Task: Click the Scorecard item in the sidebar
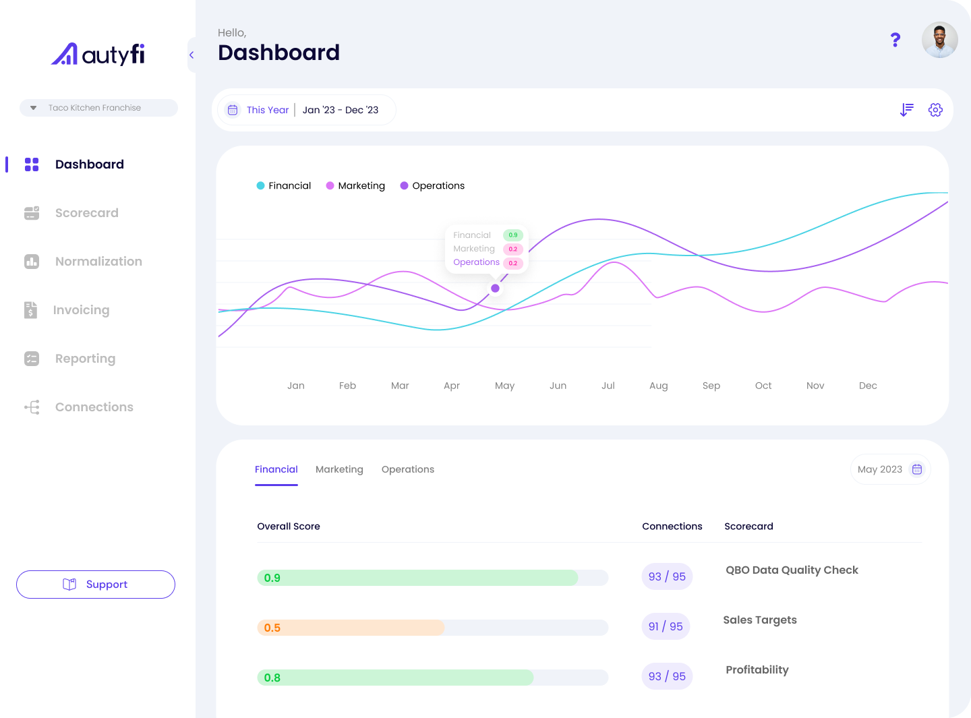tap(86, 213)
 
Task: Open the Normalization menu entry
tap(98, 262)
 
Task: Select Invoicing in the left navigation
tap(80, 310)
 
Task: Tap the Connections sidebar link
tap(94, 407)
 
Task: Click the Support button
tap(96, 585)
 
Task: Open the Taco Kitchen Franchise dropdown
tap(98, 108)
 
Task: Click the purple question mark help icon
tap(895, 40)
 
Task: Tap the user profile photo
tap(939, 40)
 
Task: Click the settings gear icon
tap(935, 110)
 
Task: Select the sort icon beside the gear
tap(907, 110)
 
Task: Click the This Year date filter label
tap(267, 110)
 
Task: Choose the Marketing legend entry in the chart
tap(355, 186)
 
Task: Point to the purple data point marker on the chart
tap(495, 289)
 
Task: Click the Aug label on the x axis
tap(658, 386)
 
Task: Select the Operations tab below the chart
tap(407, 469)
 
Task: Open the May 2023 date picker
tap(889, 469)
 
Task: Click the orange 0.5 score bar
tap(351, 628)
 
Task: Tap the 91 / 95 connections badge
tap(666, 626)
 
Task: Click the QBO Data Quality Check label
tap(792, 570)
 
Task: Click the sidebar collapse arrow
tap(192, 55)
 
